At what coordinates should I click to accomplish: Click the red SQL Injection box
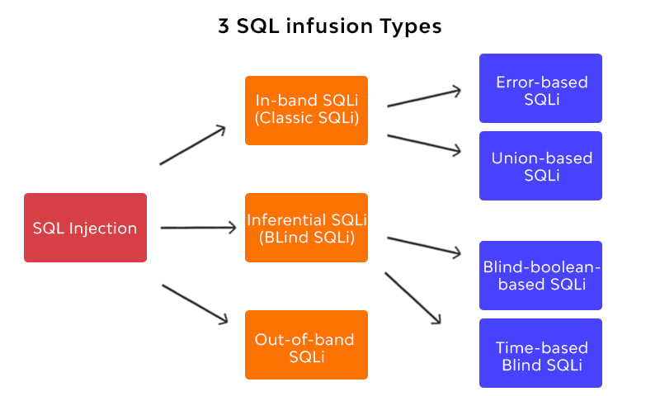85,228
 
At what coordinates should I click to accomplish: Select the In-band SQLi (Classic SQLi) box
306,111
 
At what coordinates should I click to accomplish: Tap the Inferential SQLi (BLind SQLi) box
306,228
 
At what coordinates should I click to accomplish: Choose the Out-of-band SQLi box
306,345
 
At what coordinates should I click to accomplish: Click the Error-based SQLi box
541,88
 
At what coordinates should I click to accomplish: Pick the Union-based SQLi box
541,165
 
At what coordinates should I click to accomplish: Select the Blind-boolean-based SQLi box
541,276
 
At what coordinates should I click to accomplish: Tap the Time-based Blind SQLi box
541,353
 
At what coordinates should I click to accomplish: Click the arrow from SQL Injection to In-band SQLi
193,145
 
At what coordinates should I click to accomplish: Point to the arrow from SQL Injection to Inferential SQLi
198,228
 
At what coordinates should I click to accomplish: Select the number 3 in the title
223,26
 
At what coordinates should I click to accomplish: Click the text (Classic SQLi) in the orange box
306,119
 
